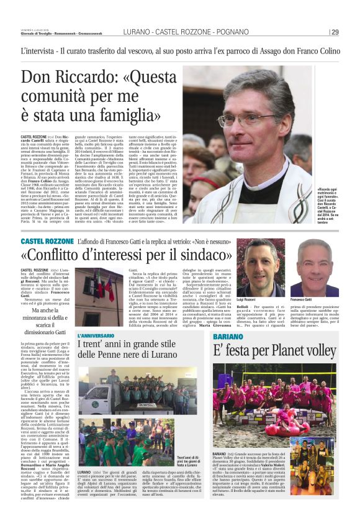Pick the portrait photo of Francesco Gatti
(315, 267)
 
